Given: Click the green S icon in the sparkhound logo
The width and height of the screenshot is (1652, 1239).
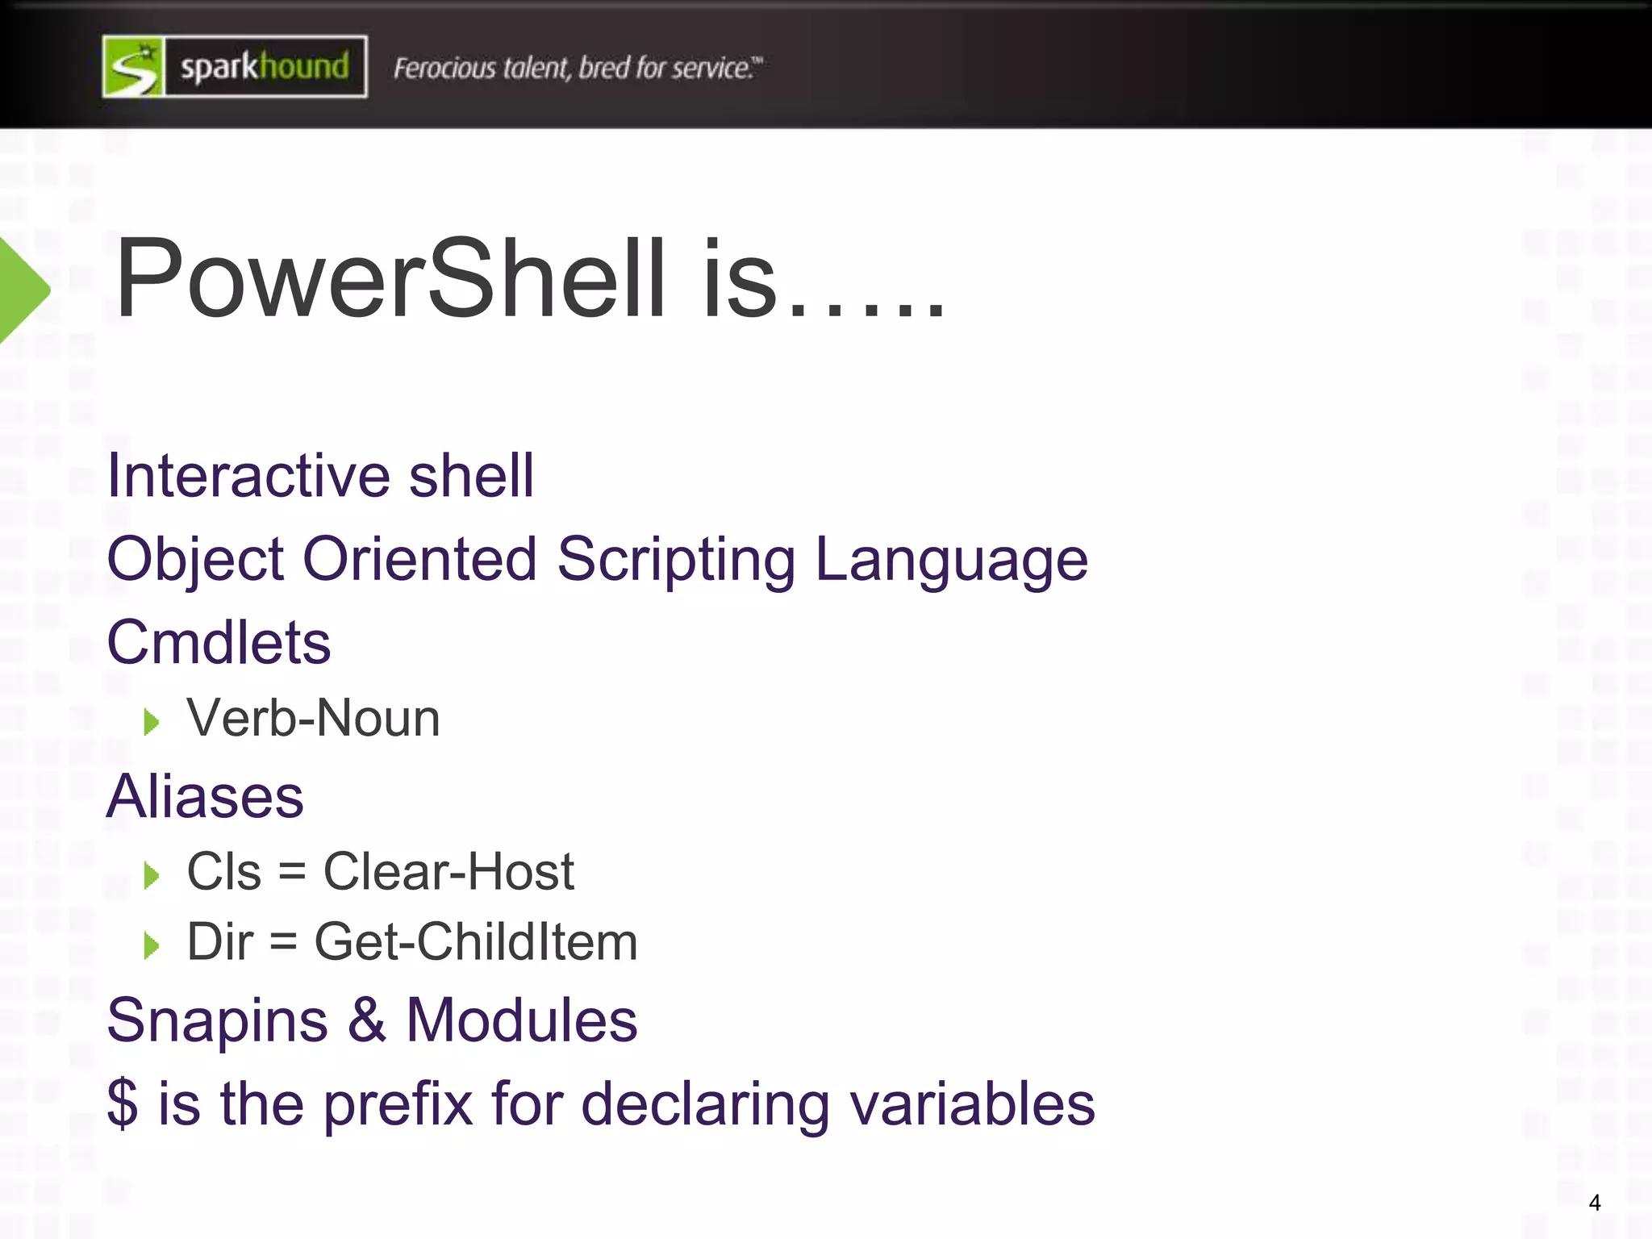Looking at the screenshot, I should [134, 67].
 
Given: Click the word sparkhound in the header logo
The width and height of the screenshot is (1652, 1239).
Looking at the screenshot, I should [265, 67].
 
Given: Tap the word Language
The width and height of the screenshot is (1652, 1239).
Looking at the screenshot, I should [952, 560].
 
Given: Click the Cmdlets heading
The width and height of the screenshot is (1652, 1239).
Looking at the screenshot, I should [219, 643].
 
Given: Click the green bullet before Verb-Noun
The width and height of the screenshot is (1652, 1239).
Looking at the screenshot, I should [151, 721].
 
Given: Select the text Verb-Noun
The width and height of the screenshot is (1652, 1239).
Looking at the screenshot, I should [313, 718].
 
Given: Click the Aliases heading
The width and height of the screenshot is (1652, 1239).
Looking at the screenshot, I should [205, 797].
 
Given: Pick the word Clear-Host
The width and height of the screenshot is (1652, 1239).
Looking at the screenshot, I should [448, 872].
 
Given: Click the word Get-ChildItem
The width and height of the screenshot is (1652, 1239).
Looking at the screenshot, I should [476, 942].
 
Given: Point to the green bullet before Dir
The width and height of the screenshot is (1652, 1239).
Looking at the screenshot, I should [151, 945].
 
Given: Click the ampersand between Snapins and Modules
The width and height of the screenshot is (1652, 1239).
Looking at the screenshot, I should [367, 1020].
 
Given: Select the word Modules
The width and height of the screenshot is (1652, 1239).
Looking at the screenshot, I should [521, 1020].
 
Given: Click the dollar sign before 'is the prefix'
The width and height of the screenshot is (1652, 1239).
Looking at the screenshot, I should [123, 1104].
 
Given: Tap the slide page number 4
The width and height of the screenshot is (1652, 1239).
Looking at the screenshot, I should [1594, 1203].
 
